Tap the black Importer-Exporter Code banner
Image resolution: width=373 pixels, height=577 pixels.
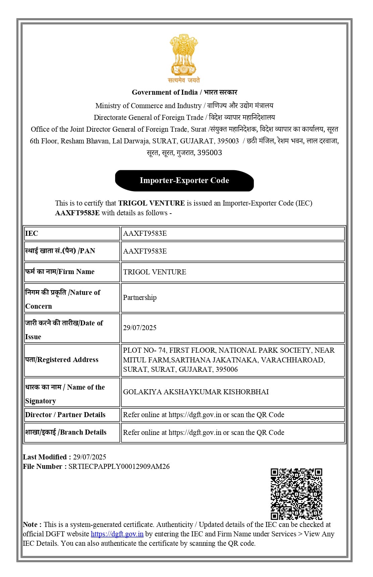pos(184,180)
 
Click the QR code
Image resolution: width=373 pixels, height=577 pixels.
pos(296,494)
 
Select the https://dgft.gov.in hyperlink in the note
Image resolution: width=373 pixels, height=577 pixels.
pos(117,534)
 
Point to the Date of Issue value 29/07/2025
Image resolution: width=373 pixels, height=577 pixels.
pos(140,328)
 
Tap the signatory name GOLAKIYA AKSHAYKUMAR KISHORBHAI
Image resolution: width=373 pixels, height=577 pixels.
pos(196,392)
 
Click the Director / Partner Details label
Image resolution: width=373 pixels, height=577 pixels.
pos(65,415)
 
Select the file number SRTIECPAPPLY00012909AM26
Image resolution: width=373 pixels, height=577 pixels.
pos(119,467)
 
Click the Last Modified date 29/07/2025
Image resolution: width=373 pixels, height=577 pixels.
pos(90,457)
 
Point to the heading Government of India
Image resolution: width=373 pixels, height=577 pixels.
pos(165,92)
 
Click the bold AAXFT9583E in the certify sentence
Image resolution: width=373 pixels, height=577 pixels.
pos(77,213)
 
